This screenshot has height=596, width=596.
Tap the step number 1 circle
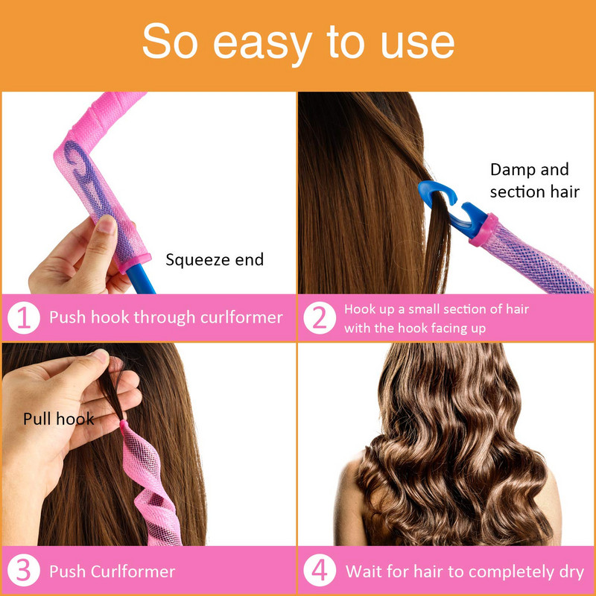coord(24,318)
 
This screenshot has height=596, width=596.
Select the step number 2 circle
coord(320,318)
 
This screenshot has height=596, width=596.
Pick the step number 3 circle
coord(24,571)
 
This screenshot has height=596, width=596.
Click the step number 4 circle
coord(320,571)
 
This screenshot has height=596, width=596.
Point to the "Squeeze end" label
coord(215,260)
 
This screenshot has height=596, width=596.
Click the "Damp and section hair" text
coord(534,180)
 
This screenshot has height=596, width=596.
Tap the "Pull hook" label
coord(59,419)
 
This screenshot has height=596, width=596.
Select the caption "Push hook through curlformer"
coord(166,318)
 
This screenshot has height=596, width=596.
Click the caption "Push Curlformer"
coord(112,571)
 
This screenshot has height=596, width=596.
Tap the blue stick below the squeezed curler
coord(141,281)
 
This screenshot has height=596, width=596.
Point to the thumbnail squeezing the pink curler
coord(106,223)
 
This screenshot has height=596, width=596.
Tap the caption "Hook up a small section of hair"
coord(437,308)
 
